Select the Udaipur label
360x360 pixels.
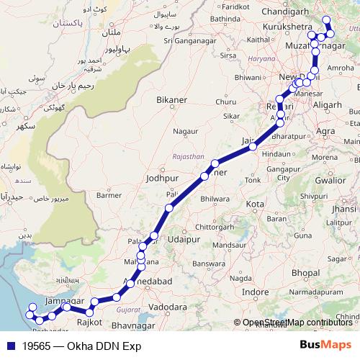pyautogui.click(x=181, y=239)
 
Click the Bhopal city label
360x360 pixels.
pyautogui.click(x=306, y=274)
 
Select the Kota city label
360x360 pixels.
pyautogui.click(x=254, y=204)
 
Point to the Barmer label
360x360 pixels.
pyautogui.click(x=109, y=195)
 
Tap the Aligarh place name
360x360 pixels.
pyautogui.click(x=328, y=104)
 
